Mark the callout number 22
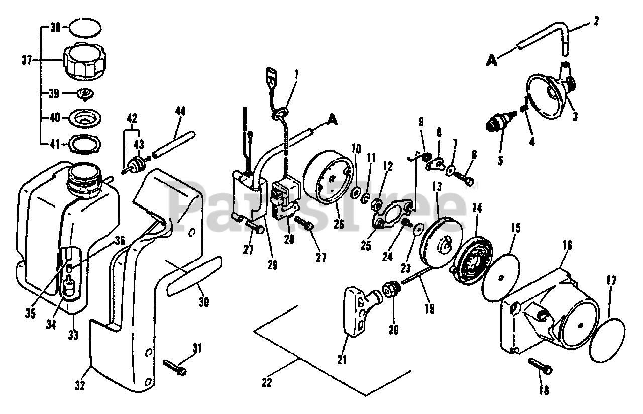coord(267,382)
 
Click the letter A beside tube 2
coord(492,61)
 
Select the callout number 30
coord(204,302)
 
